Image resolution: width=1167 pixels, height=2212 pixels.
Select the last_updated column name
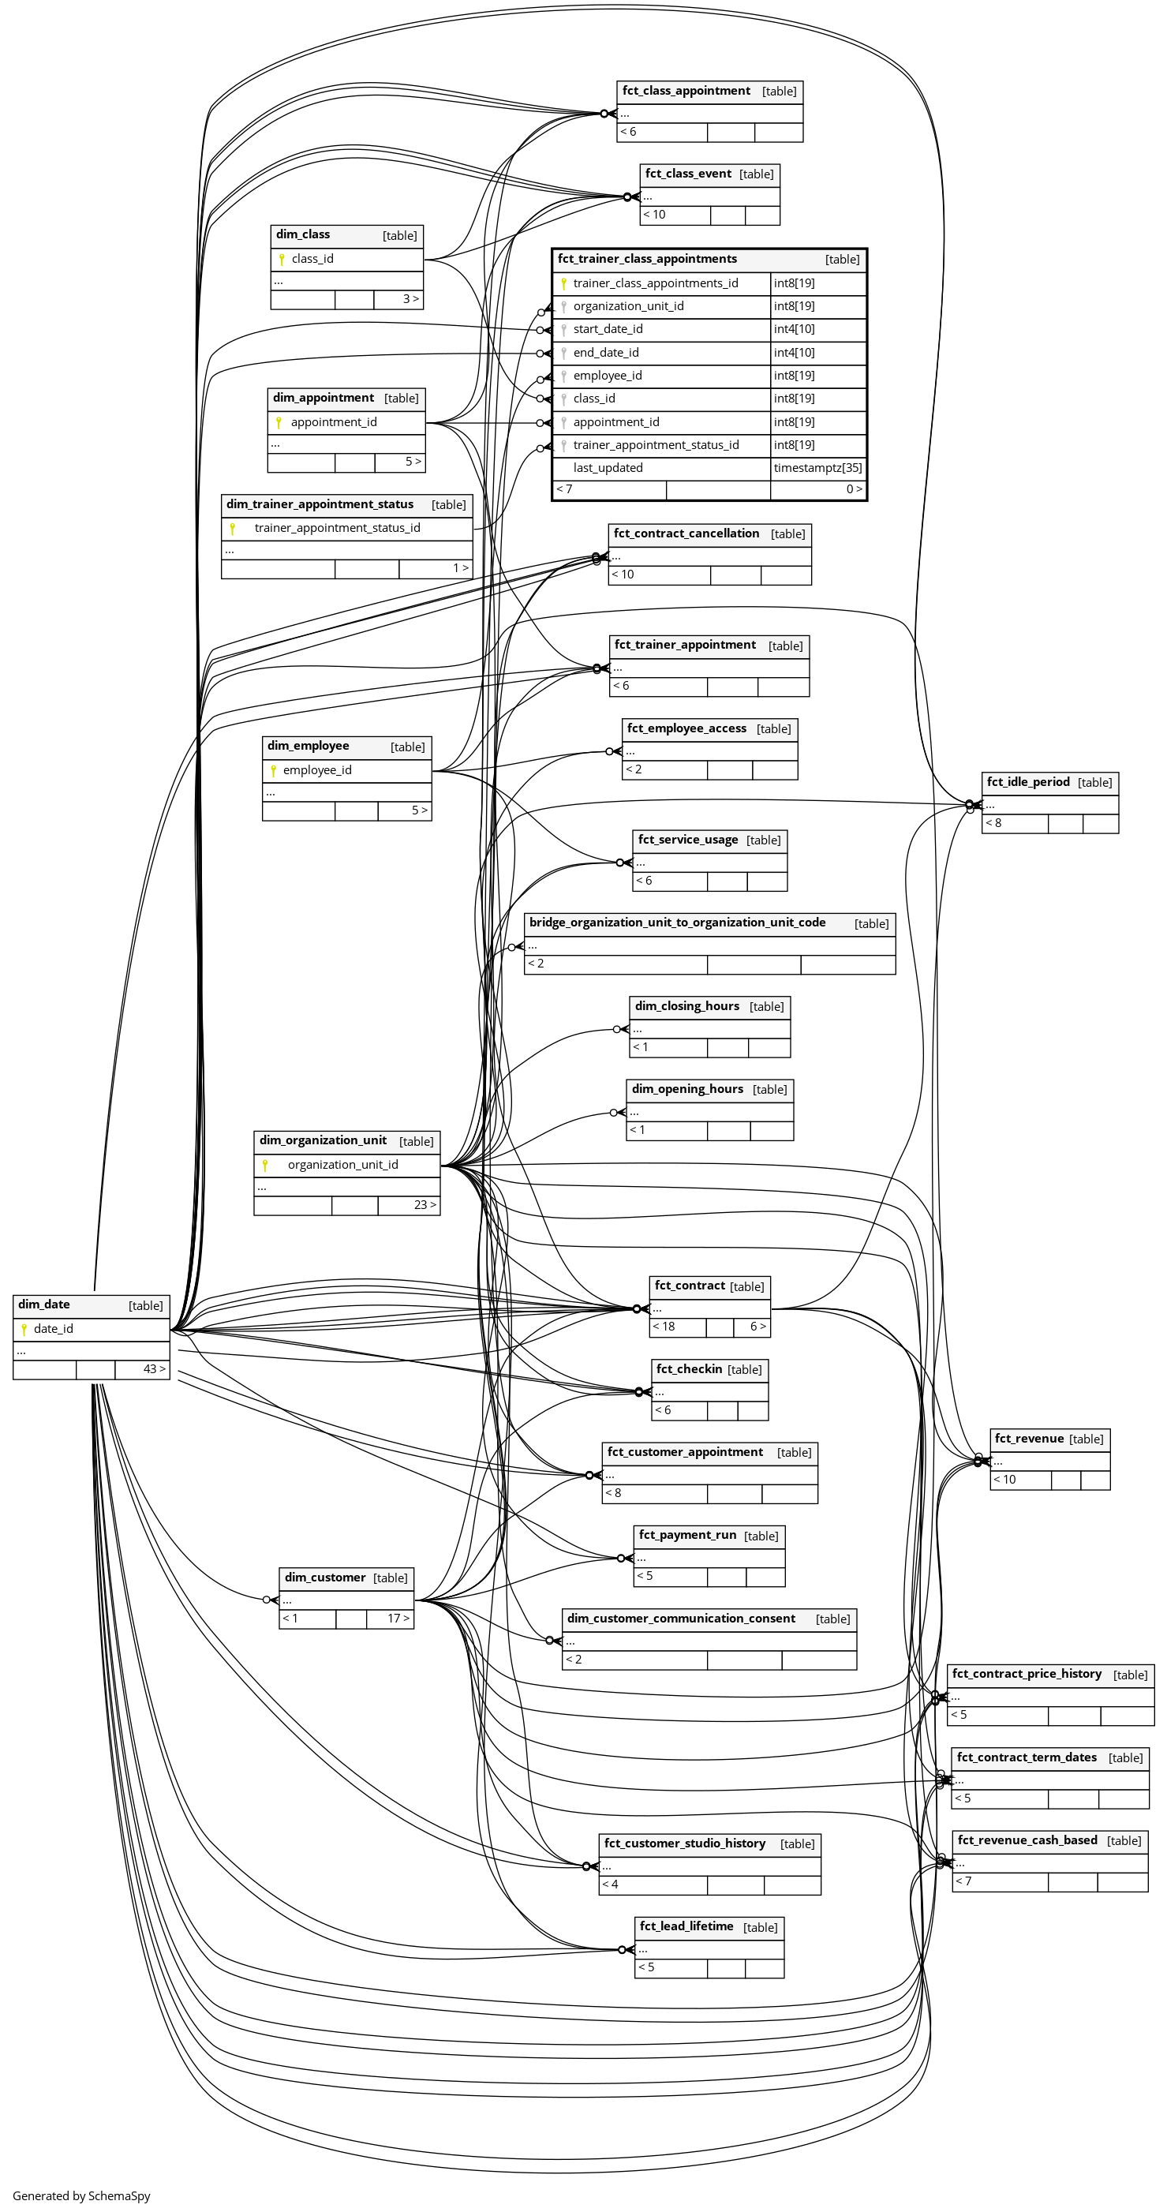607,468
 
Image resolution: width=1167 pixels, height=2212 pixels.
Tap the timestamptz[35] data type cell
817,468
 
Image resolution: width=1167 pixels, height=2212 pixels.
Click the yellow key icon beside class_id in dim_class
282,259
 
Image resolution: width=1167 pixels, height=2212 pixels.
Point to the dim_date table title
44,1304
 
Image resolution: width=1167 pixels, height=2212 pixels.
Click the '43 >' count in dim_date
154,1368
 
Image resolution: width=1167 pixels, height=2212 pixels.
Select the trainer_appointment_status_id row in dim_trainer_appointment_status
337,528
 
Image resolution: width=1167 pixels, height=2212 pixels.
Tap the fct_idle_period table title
1027,782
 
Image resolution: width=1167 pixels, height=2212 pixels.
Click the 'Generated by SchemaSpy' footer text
81,2195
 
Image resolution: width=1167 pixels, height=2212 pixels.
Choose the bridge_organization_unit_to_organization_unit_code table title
677,923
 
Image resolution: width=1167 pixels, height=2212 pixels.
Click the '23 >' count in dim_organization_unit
425,1205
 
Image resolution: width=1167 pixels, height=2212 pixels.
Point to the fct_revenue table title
1028,1439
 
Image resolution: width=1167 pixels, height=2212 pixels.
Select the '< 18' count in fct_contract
664,1327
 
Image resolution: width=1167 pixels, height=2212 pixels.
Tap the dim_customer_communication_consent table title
680,1619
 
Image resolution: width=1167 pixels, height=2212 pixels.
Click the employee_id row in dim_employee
317,770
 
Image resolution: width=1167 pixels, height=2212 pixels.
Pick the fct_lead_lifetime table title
686,1926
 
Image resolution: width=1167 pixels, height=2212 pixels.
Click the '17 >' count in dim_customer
398,1619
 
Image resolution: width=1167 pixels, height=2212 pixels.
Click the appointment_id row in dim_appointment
333,422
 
